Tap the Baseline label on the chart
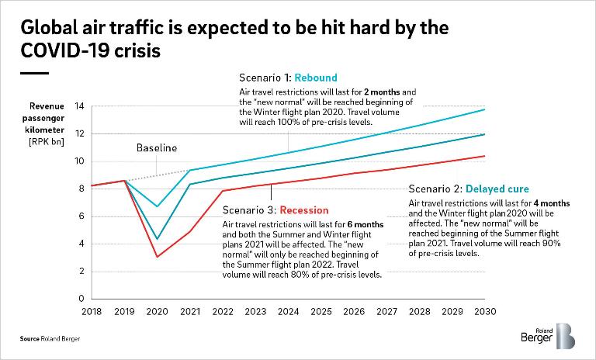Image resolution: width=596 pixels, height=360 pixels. coord(157,147)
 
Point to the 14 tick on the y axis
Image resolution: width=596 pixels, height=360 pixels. coord(79,106)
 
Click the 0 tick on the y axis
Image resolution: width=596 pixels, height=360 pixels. coord(81,299)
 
